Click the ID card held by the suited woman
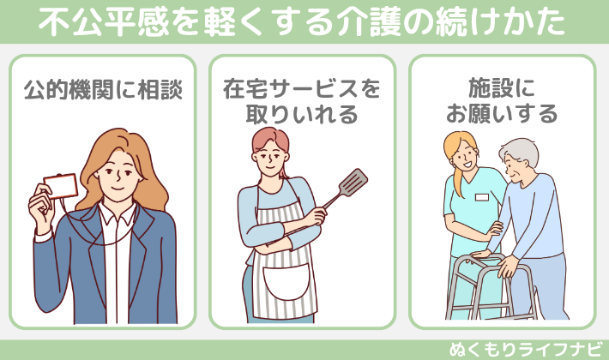[61, 186]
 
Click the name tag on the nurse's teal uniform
[481, 197]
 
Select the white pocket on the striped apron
[286, 282]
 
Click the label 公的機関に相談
[103, 89]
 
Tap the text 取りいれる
[302, 114]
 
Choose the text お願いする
[502, 113]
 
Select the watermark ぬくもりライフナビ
[526, 349]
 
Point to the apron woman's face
[269, 156]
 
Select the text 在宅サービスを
[302, 89]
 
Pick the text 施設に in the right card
[502, 87]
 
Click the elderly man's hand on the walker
[508, 266]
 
